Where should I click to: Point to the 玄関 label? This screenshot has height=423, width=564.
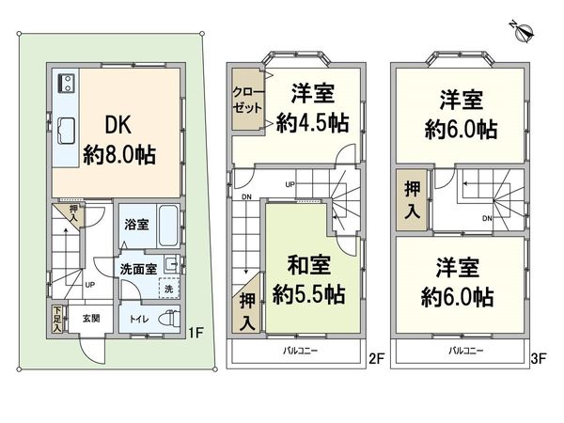tap(90, 318)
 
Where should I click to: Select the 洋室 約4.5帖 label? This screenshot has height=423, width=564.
tap(309, 109)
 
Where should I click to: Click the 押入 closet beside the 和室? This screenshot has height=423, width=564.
tap(246, 310)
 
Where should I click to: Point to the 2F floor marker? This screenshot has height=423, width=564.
tap(376, 358)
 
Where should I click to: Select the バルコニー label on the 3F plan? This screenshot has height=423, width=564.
tap(466, 350)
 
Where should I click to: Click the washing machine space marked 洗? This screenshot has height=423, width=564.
tap(170, 288)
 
